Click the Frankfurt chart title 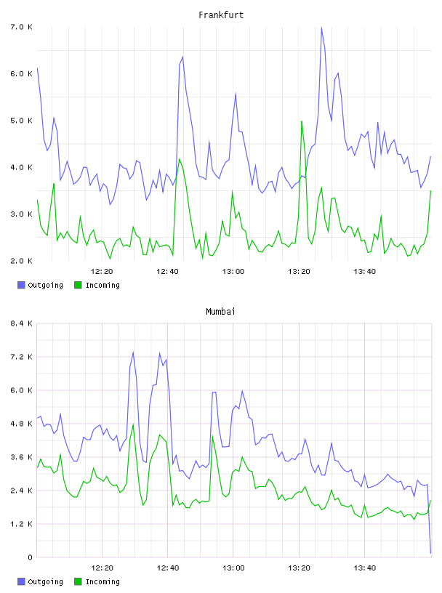click(x=221, y=15)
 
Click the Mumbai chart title click(x=220, y=312)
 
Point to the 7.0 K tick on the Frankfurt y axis click(x=21, y=27)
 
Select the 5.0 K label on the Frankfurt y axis click(x=21, y=121)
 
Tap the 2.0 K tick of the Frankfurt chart click(x=21, y=261)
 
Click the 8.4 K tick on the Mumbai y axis click(x=21, y=323)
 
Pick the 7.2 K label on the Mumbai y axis click(x=21, y=357)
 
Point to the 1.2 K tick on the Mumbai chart click(x=21, y=524)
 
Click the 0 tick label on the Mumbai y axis click(x=30, y=557)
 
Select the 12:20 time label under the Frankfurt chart click(x=102, y=272)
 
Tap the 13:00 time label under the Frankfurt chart click(x=233, y=272)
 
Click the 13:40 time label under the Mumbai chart click(x=364, y=568)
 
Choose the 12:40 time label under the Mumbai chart click(x=168, y=568)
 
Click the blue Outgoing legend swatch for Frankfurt click(x=21, y=285)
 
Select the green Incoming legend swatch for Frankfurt click(x=78, y=285)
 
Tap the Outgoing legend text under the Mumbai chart click(x=45, y=581)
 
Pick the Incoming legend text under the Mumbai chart click(x=103, y=581)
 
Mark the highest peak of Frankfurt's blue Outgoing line click(x=321, y=28)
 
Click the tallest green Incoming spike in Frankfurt click(x=302, y=121)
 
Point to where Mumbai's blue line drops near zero click(x=430, y=553)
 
